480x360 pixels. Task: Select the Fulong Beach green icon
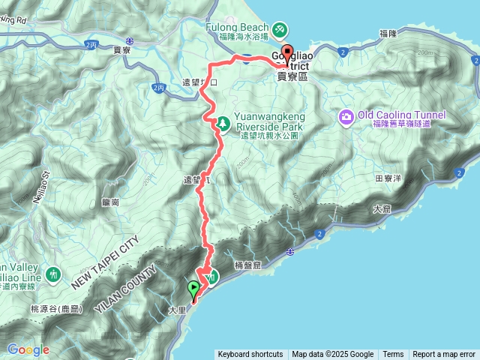(x=279, y=29)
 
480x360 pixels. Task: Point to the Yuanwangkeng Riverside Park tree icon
(x=223, y=122)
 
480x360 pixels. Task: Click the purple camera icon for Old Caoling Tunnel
(x=346, y=116)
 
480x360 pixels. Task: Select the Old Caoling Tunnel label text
(x=402, y=115)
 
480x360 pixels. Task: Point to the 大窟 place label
(x=381, y=209)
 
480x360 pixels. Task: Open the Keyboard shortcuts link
(x=250, y=355)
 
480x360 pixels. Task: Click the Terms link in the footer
(x=393, y=355)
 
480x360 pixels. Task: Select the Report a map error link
(x=444, y=355)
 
